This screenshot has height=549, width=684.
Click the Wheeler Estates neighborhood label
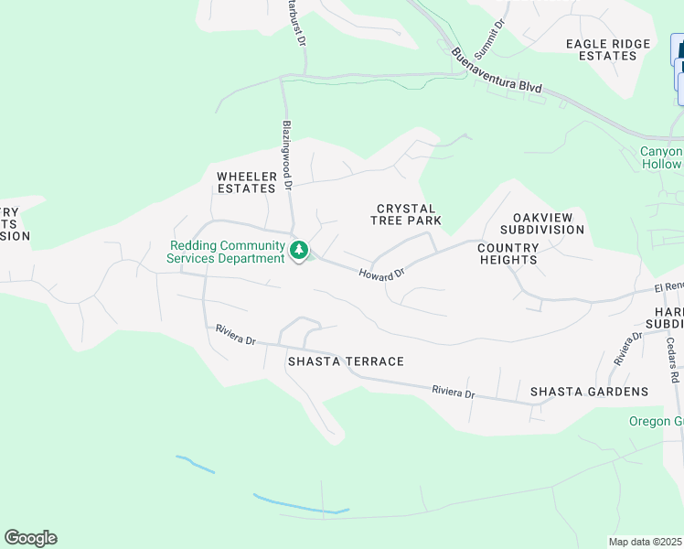(246, 182)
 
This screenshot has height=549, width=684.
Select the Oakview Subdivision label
(542, 223)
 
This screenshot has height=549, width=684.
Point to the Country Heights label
(507, 253)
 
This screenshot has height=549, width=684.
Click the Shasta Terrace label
(346, 361)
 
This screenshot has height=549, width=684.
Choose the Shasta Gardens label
(589, 392)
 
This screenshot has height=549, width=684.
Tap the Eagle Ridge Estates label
(608, 49)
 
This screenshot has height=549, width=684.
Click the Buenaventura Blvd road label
(497, 71)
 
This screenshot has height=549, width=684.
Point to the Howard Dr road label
(381, 274)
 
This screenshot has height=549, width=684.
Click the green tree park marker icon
(298, 250)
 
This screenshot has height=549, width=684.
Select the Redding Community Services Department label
(226, 252)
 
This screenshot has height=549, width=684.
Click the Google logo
(30, 538)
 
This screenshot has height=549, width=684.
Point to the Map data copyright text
(646, 542)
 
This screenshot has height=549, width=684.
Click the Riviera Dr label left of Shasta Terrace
(236, 336)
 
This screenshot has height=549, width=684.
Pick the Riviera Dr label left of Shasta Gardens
(454, 392)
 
